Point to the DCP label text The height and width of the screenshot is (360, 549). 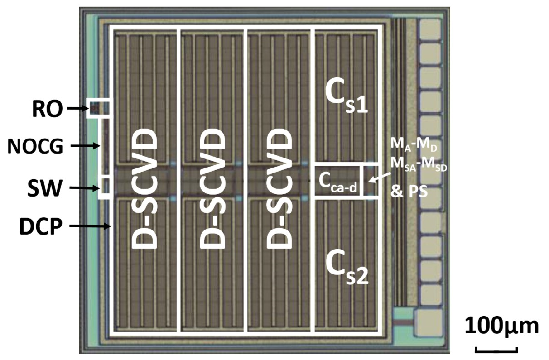pyautogui.click(x=41, y=227)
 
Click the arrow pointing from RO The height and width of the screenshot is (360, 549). pyautogui.click(x=77, y=109)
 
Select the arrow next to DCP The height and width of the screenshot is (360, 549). pyautogui.click(x=91, y=226)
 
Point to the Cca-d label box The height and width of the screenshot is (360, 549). pyautogui.click(x=337, y=180)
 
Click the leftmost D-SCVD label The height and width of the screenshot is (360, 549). pyautogui.click(x=145, y=190)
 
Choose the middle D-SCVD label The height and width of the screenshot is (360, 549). pyautogui.click(x=213, y=190)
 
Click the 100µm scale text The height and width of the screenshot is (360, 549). pyautogui.click(x=501, y=326)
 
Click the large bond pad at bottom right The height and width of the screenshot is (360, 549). pyautogui.click(x=428, y=320)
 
